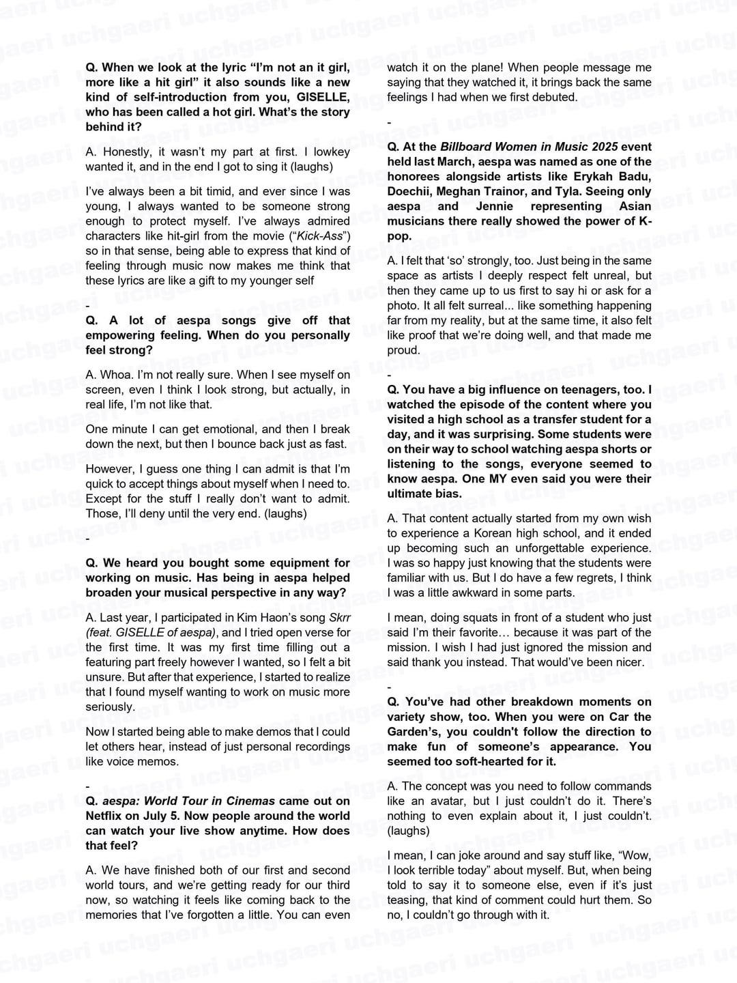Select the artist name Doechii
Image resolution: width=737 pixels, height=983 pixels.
(x=409, y=191)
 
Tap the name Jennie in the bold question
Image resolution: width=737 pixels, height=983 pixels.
(x=491, y=206)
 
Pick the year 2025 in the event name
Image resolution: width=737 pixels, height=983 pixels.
(x=604, y=147)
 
